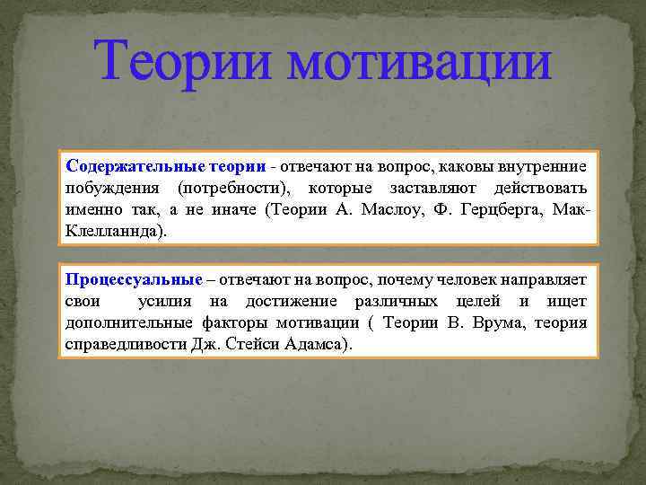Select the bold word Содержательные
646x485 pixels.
[135, 165]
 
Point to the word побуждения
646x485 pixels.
[114, 188]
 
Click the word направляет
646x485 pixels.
[540, 280]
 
